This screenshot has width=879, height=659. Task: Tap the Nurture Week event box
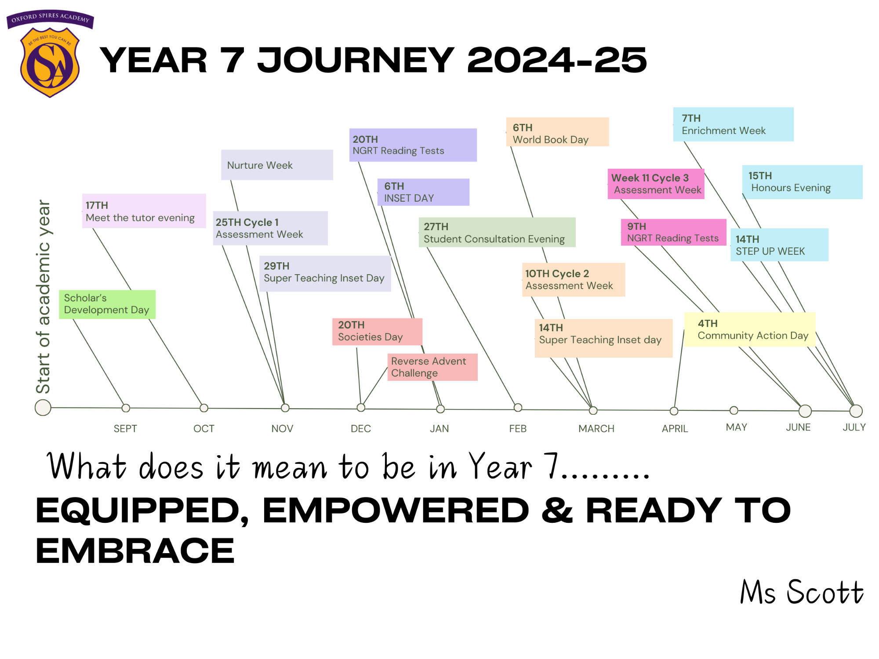[x=277, y=165]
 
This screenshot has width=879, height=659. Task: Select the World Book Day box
[x=557, y=132]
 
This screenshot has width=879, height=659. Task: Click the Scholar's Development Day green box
[x=107, y=304]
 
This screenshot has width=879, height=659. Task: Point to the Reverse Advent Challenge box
[x=432, y=367]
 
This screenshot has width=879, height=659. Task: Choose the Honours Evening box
[x=803, y=182]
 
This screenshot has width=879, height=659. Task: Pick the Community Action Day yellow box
[x=750, y=329]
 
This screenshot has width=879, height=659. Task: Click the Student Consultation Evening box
[x=497, y=232]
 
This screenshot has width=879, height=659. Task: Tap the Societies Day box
[x=377, y=332]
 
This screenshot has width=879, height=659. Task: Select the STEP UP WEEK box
[x=779, y=245]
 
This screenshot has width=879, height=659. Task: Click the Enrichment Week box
[x=733, y=124]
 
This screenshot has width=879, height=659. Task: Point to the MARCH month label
[x=596, y=429]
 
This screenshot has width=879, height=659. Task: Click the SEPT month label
[x=125, y=429]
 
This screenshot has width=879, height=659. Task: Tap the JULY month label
[x=854, y=427]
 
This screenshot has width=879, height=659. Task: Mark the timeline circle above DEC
[x=361, y=408]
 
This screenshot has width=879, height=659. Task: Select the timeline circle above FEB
[x=518, y=408]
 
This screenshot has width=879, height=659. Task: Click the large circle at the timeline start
[x=43, y=408]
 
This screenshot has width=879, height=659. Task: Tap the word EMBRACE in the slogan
[x=135, y=551]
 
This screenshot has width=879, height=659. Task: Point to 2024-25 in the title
[x=557, y=60]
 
